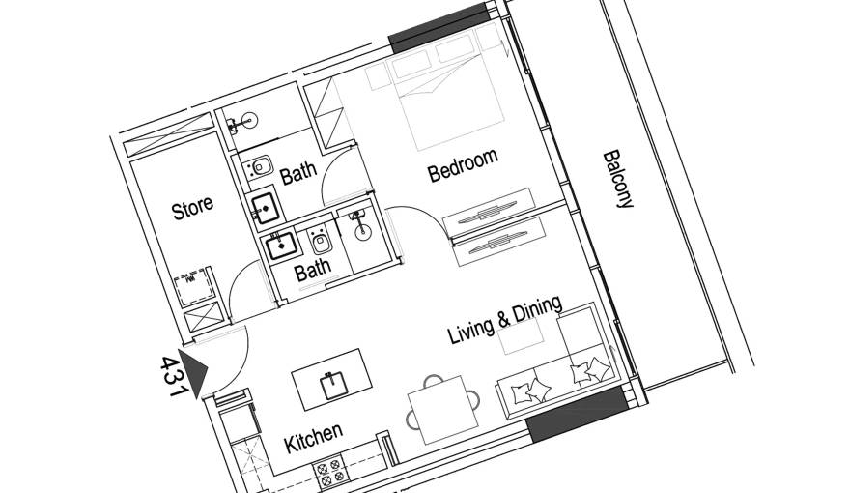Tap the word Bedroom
coord(463,166)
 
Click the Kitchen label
coord(313,439)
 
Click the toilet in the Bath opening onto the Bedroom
coord(259,167)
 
